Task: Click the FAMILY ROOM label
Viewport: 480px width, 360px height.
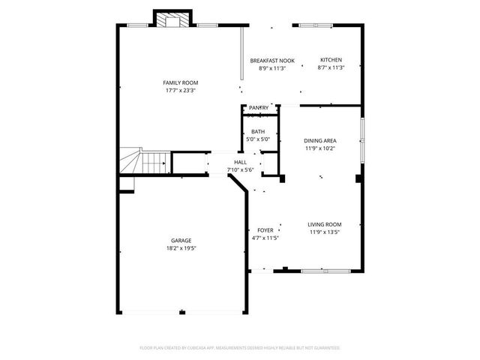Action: (181, 82)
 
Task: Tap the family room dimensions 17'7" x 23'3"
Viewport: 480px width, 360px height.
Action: (181, 90)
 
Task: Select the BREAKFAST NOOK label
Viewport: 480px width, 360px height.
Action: (272, 60)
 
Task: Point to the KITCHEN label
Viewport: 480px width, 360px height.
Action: (331, 60)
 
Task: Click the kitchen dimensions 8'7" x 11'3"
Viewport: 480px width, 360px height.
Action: (331, 67)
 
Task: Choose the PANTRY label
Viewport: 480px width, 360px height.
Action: (259, 108)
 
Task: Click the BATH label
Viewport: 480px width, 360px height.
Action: (258, 132)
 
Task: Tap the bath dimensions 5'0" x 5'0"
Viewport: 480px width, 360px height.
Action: (258, 139)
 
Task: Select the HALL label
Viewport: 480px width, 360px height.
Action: (240, 162)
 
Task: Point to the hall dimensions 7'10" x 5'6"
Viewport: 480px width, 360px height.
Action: (240, 169)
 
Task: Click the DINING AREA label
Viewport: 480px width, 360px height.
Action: (320, 141)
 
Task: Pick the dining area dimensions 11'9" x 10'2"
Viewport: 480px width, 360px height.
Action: (320, 148)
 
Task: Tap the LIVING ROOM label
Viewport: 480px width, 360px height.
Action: (325, 224)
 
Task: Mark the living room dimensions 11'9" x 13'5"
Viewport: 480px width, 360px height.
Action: (325, 232)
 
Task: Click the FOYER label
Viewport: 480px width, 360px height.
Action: (265, 230)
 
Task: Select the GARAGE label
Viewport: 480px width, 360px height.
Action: (181, 241)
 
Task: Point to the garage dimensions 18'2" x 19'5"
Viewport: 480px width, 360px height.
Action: (181, 248)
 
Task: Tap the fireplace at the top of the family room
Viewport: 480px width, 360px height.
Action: (173, 19)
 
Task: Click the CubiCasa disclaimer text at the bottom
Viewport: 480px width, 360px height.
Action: (240, 348)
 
